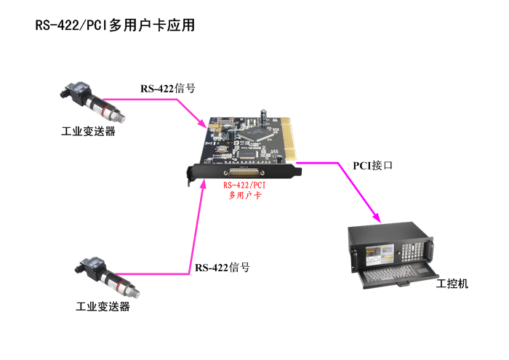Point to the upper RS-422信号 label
coord(168,89)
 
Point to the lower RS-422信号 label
coord(223,268)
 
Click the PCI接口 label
coord(373,165)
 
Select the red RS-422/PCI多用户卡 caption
coord(247,190)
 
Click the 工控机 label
coord(452,283)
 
